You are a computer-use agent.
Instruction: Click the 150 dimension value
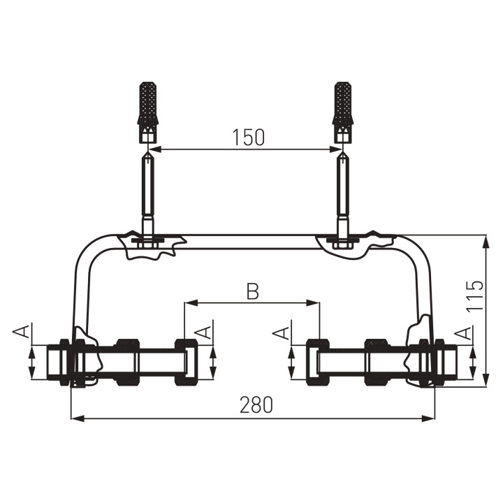point(249,138)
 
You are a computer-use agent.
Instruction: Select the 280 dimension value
point(256,404)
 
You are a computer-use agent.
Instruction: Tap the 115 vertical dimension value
point(475,296)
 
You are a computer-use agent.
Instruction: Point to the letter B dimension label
point(253,291)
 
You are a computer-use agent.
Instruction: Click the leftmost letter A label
point(22,331)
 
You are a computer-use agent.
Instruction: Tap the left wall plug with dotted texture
point(148,112)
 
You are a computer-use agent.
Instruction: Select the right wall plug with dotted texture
point(344,112)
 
